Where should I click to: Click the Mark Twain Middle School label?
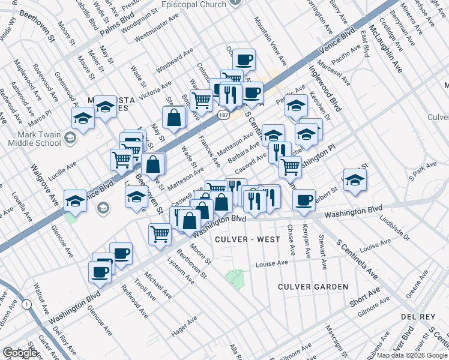click(x=34, y=139)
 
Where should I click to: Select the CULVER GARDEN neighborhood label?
click(x=313, y=287)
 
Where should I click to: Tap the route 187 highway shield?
click(x=224, y=115)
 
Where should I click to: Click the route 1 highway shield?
click(x=26, y=304)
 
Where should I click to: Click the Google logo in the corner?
click(x=20, y=352)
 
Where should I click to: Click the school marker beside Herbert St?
click(x=354, y=179)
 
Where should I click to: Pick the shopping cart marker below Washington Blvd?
click(x=160, y=233)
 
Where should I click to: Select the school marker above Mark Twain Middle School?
click(x=83, y=117)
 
